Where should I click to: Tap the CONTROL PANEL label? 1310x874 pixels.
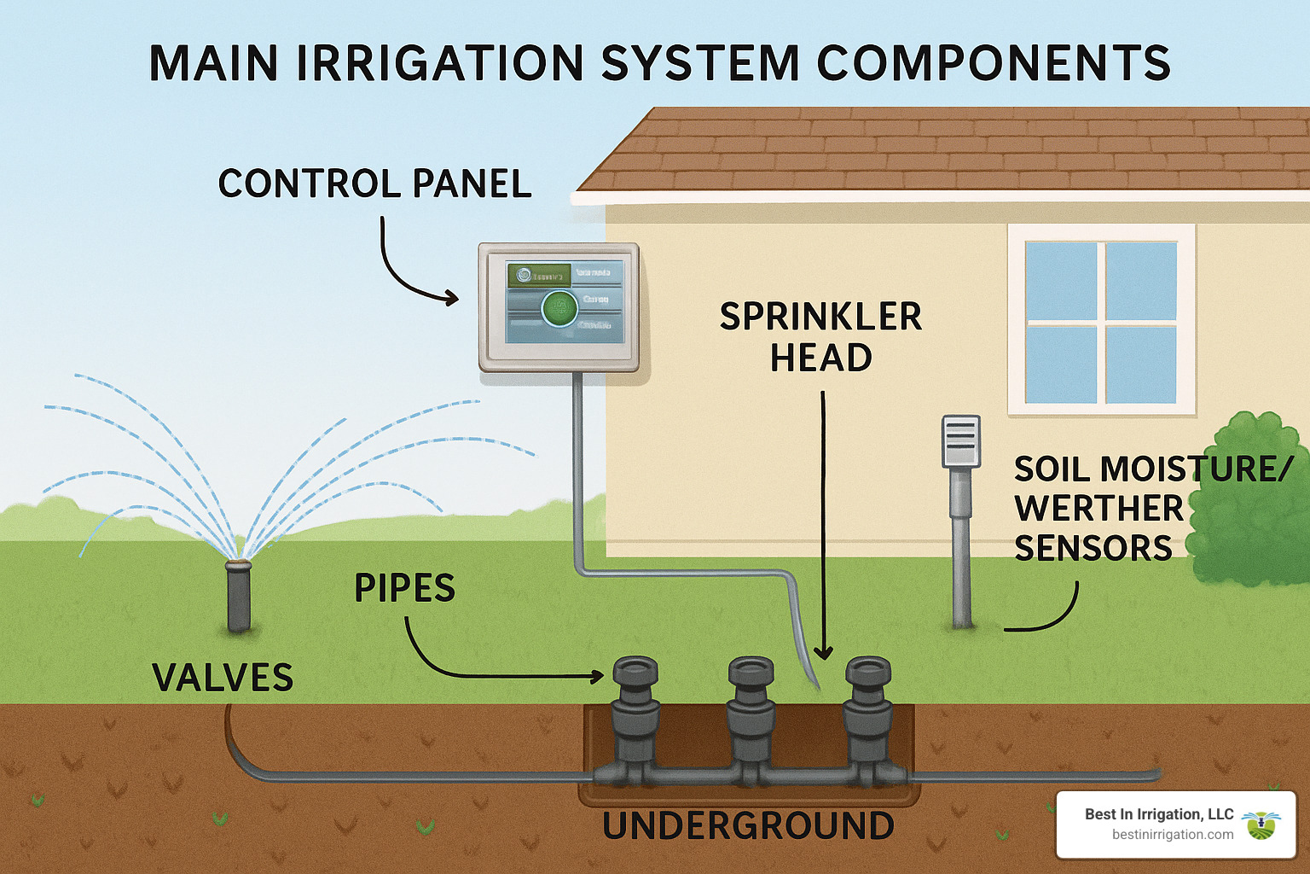click(x=375, y=184)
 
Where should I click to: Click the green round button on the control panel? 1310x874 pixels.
click(x=559, y=307)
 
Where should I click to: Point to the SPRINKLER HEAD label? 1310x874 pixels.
click(x=820, y=337)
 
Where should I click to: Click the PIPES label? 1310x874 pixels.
click(x=404, y=588)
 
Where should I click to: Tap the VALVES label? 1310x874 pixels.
click(x=223, y=678)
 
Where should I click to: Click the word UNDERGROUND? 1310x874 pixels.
click(x=748, y=826)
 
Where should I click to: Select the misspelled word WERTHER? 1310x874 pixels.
click(x=1098, y=509)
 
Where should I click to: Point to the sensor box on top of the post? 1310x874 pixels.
click(x=960, y=441)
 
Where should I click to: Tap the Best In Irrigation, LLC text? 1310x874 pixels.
click(x=1158, y=814)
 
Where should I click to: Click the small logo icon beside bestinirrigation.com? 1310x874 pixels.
click(x=1261, y=824)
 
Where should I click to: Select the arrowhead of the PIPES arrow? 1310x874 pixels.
click(x=598, y=676)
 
